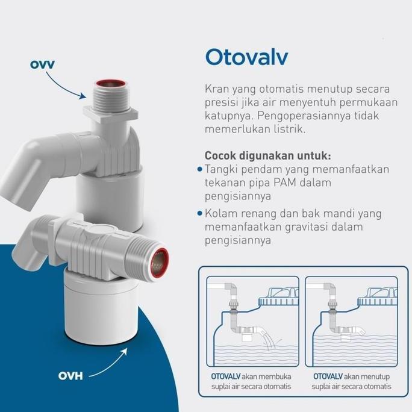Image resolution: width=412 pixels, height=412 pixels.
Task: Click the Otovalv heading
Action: [x=247, y=57]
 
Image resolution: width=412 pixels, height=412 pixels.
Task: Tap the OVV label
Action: [x=42, y=64]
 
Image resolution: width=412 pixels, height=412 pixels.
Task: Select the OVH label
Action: [x=70, y=376]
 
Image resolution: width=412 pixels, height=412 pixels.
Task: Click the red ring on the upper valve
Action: [x=110, y=84]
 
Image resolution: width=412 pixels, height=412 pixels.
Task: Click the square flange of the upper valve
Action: [x=111, y=113]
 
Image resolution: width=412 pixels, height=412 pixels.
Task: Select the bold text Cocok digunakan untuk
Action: [x=268, y=155]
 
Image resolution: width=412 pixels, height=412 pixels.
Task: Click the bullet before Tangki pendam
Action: [x=200, y=169]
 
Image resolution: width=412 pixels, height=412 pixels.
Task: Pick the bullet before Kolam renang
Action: [x=200, y=213]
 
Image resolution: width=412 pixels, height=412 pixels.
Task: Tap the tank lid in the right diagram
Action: [x=377, y=297]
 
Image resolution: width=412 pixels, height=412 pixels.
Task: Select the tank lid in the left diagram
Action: [x=279, y=297]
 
